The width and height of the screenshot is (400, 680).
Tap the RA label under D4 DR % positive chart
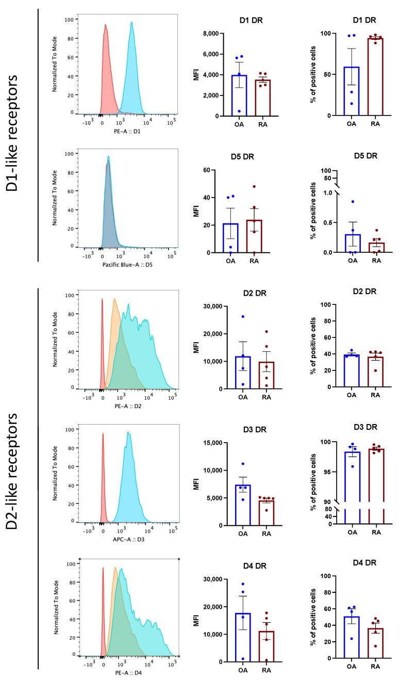[x=376, y=669]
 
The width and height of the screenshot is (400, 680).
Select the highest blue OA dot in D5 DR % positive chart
[x=353, y=202]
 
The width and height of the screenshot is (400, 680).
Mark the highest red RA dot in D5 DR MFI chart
[x=269, y=186]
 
